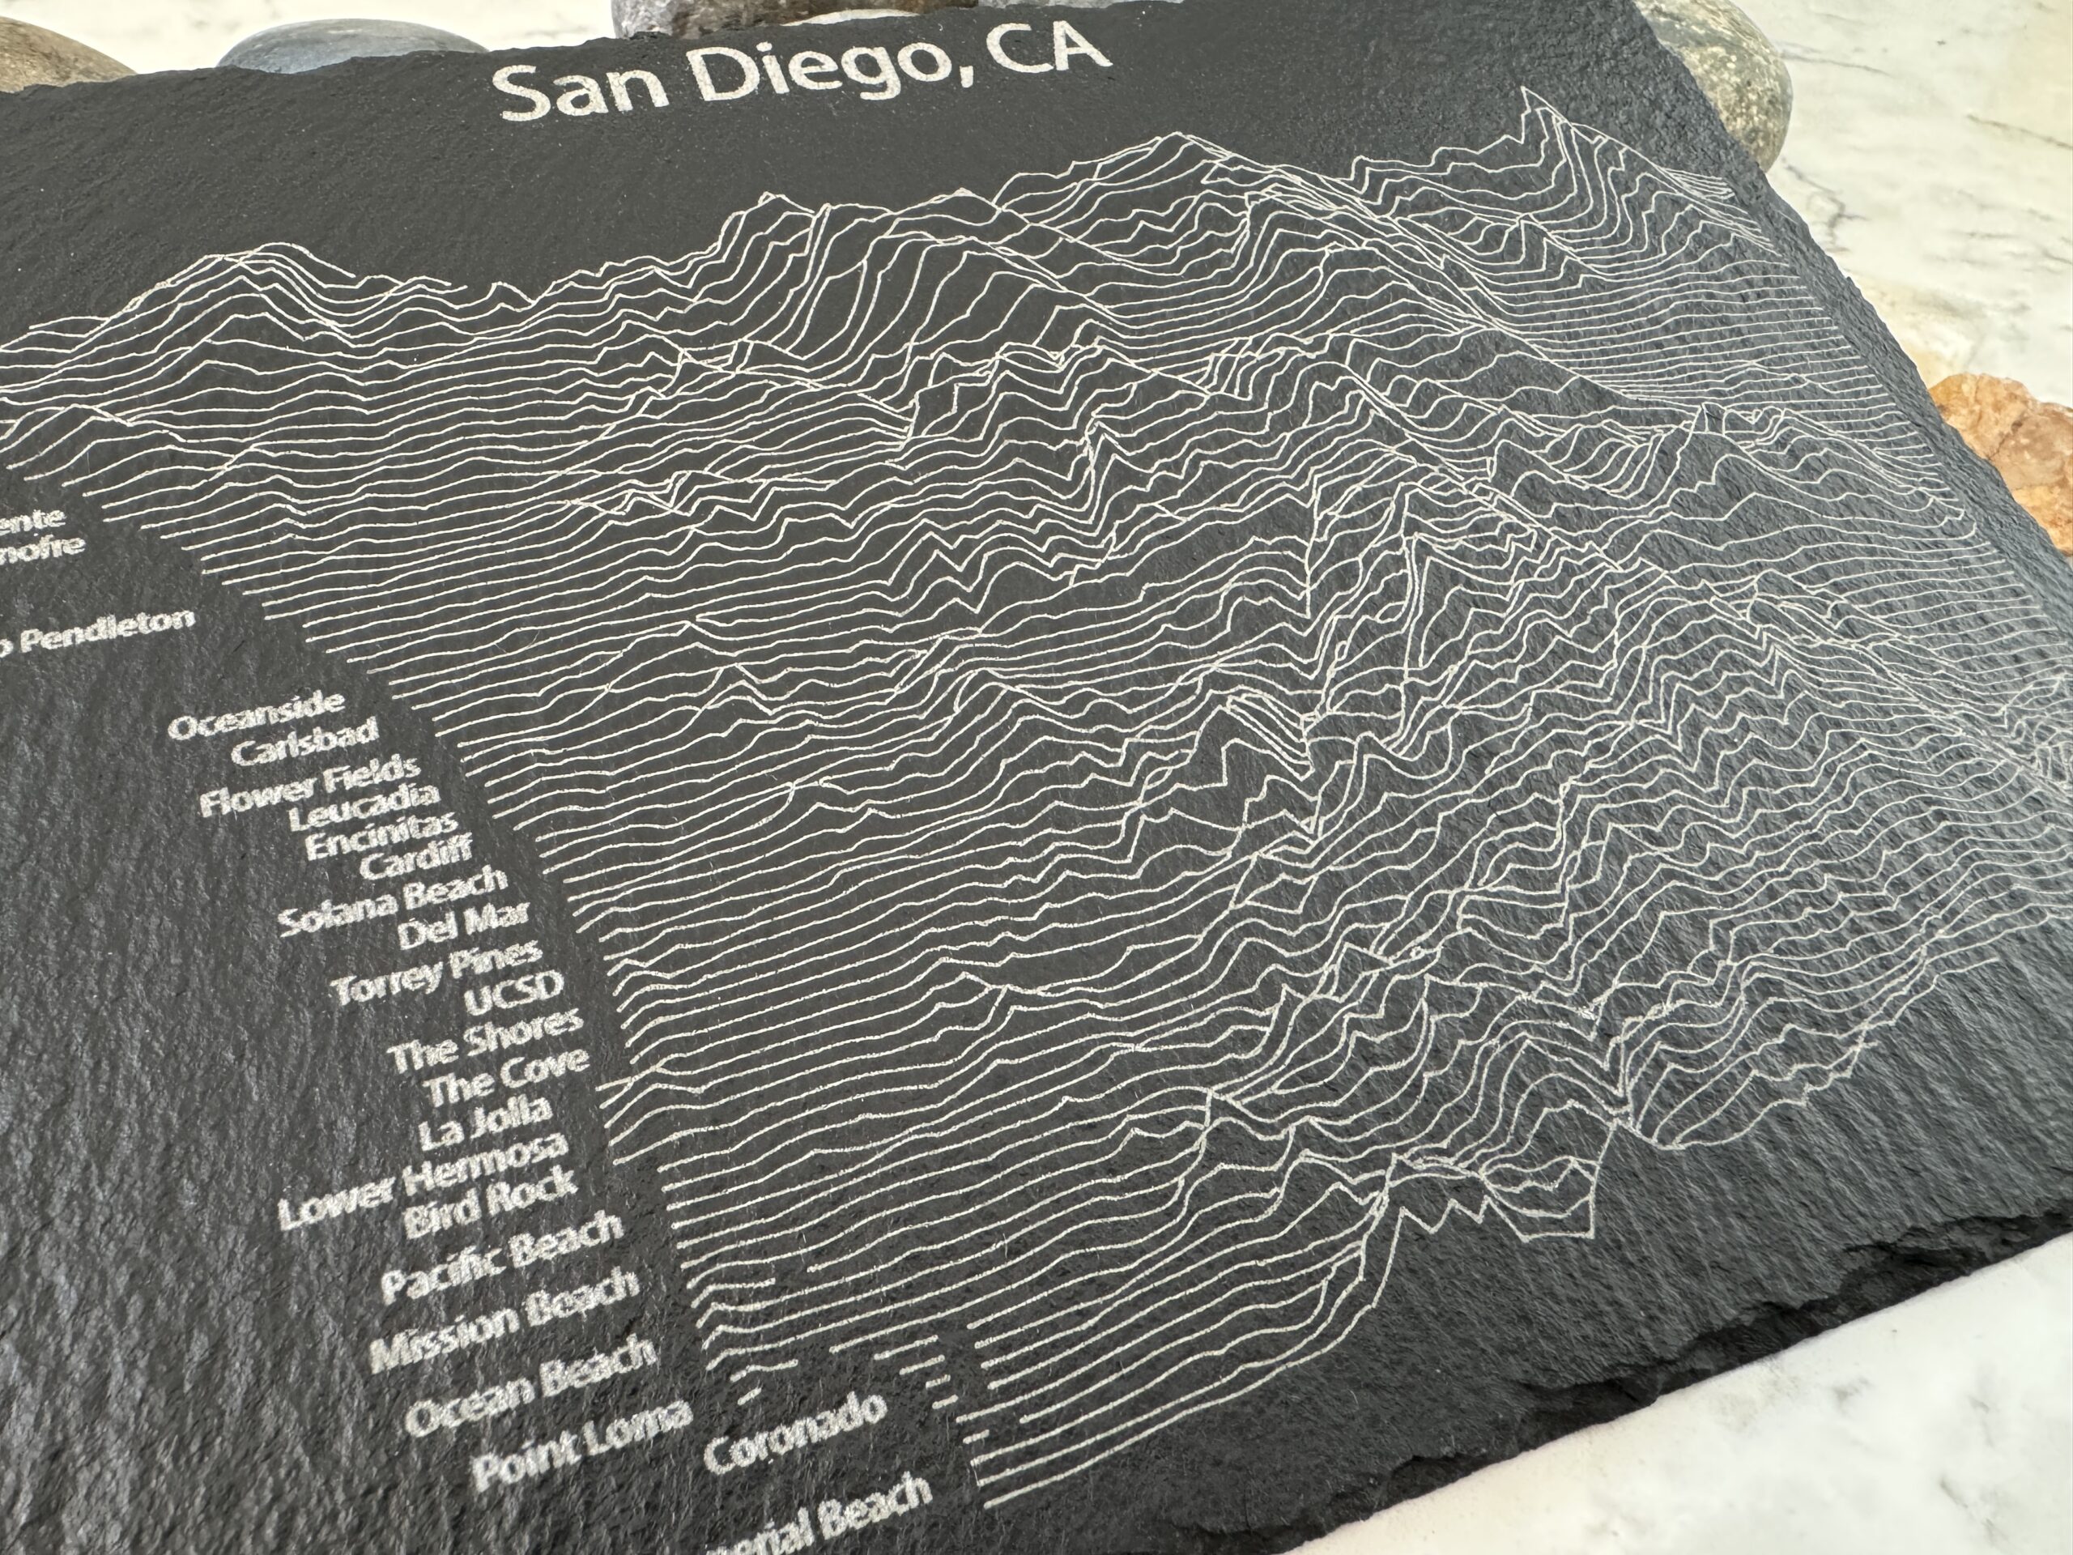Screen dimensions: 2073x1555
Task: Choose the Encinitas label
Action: [x=381, y=842]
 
